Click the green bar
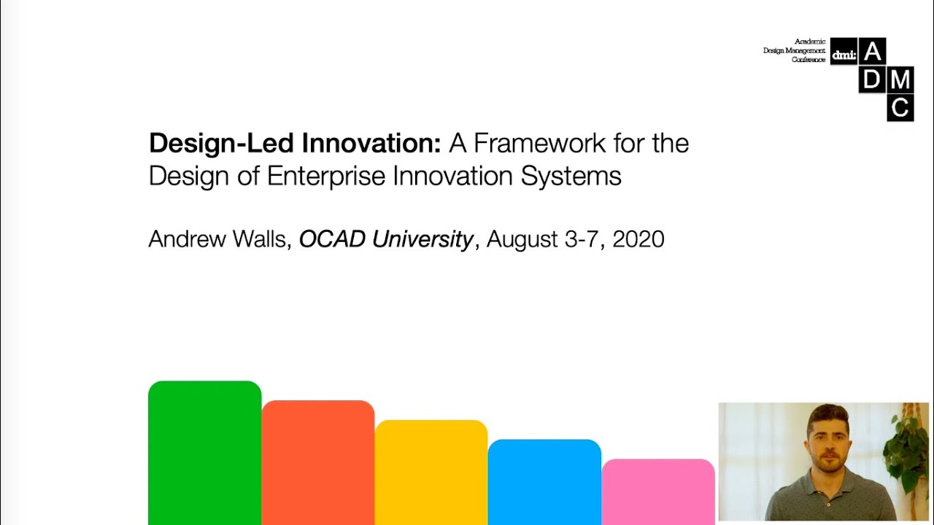[x=204, y=452]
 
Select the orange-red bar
[x=318, y=462]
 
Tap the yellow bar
[x=431, y=472]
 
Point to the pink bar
[x=658, y=491]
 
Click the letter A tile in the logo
[x=872, y=52]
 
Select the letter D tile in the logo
[x=872, y=79]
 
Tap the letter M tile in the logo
[x=900, y=79]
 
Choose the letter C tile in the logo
[x=900, y=107]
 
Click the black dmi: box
[x=844, y=52]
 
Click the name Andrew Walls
[x=217, y=239]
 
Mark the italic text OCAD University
[x=386, y=239]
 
